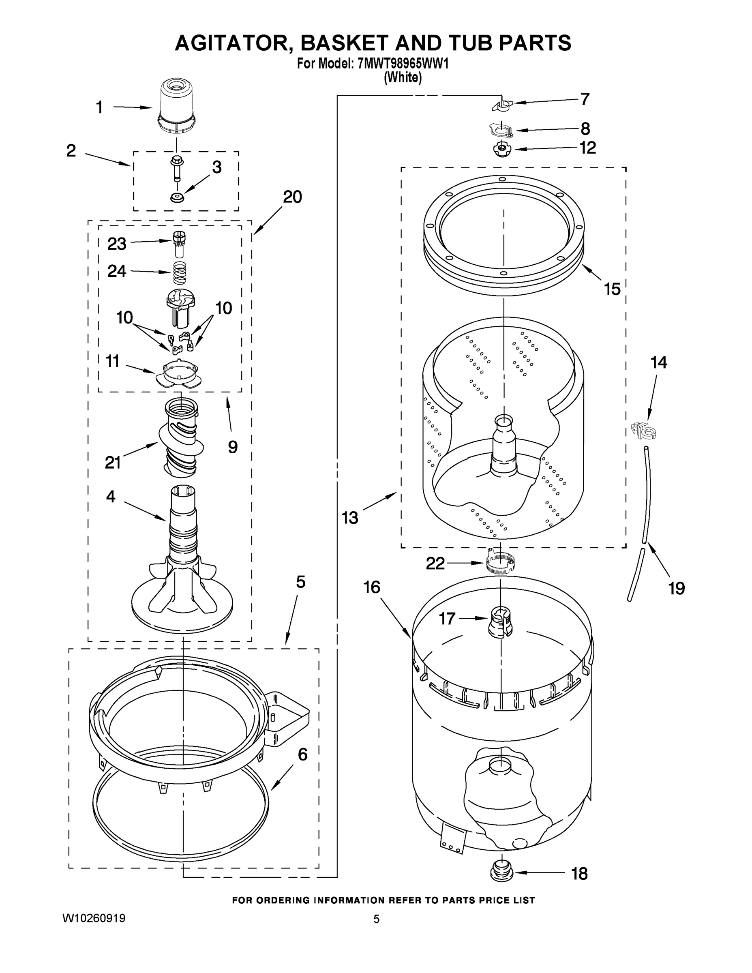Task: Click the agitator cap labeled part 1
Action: [x=177, y=106]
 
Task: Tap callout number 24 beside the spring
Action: [x=117, y=271]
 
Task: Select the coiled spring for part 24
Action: [x=180, y=273]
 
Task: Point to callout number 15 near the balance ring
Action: [x=612, y=289]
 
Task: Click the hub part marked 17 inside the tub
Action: [x=500, y=622]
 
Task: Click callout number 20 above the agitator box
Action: [x=292, y=197]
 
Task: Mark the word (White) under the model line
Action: [x=403, y=77]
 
